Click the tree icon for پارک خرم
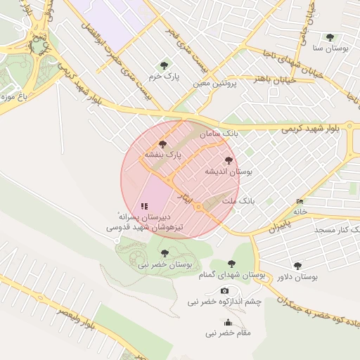(164, 65)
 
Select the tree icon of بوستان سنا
(330, 37)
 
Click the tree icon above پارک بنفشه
(163, 143)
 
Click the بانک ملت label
(238, 201)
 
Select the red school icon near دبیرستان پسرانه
(144, 206)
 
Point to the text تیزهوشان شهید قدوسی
(144, 228)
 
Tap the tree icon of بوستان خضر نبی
(165, 253)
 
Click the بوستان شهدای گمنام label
(231, 275)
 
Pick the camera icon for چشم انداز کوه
(224, 290)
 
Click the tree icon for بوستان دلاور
(297, 266)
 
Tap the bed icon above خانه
(300, 201)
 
